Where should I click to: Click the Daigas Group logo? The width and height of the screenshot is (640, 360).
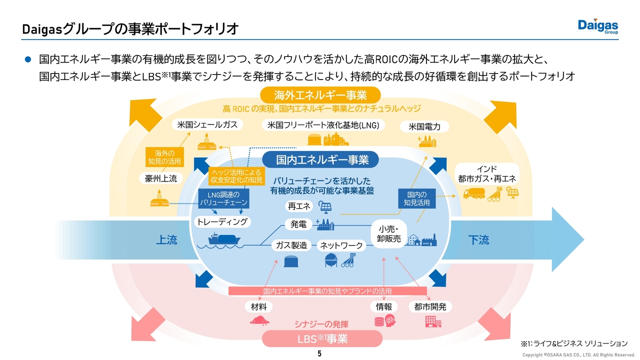598,26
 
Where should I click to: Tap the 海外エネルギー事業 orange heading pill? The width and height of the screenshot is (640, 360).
320,94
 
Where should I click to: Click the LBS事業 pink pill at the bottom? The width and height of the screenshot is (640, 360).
322,339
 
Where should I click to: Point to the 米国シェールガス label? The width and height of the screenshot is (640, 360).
204,124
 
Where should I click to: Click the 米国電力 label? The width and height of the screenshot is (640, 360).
424,127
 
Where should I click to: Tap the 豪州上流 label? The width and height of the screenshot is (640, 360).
161,178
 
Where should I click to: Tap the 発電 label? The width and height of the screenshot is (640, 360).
298,224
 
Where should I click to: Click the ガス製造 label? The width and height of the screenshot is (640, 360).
291,245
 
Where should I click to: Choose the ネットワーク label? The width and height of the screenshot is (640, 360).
341,245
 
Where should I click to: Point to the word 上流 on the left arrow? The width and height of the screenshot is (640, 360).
166,240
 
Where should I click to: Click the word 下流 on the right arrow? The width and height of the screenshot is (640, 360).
478,240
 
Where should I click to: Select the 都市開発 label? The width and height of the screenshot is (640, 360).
430,306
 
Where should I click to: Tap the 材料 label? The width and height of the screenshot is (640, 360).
259,306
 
